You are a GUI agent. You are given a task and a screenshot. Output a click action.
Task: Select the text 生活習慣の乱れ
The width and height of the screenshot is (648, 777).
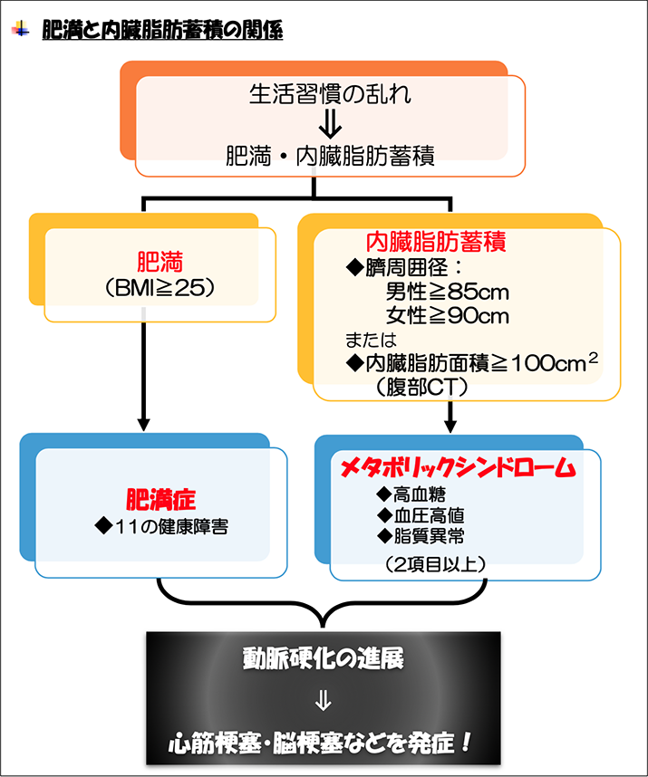point(323,93)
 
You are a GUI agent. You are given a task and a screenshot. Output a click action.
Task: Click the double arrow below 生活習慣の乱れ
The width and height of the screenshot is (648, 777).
point(324,124)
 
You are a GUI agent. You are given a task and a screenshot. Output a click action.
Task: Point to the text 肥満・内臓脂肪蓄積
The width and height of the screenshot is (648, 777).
point(330,157)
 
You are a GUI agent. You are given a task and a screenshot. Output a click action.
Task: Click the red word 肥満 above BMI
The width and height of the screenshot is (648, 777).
point(160,263)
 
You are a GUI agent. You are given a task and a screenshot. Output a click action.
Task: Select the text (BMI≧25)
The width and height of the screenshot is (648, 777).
point(160,289)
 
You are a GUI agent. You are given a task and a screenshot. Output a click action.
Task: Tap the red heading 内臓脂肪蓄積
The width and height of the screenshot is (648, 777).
point(435,242)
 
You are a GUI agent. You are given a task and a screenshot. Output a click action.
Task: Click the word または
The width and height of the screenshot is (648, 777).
point(372,340)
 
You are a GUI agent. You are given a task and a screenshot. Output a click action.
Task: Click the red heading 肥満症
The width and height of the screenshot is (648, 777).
point(160,498)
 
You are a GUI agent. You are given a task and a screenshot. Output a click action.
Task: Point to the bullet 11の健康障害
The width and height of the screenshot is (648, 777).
point(160,525)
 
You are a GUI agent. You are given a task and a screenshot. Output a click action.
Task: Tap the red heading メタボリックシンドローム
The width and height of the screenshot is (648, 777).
point(458,468)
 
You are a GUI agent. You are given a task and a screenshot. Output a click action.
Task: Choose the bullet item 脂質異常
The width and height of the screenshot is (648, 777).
point(421,535)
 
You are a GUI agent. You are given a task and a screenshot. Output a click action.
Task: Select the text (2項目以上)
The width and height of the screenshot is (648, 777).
point(435,563)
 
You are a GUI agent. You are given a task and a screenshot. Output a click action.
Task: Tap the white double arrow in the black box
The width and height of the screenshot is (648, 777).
point(323,701)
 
